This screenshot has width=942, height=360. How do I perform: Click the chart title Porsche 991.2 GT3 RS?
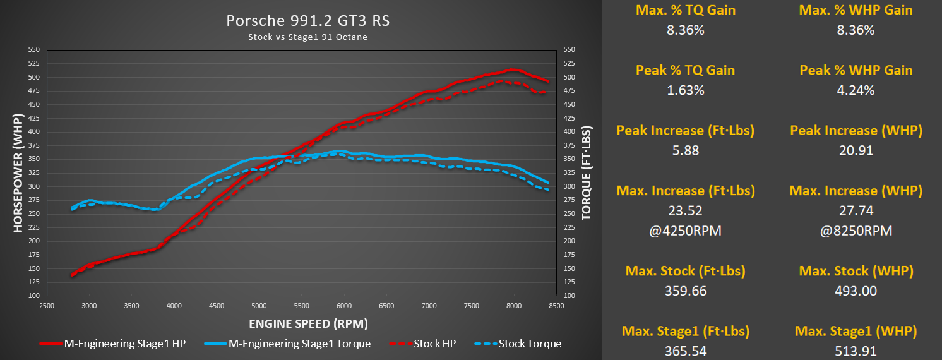[307, 21]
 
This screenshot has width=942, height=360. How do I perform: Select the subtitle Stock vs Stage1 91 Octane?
[307, 37]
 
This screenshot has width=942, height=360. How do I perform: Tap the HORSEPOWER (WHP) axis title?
[18, 173]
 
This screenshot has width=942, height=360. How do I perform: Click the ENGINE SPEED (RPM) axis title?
[308, 324]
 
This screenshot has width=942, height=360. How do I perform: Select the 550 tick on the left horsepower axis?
[33, 49]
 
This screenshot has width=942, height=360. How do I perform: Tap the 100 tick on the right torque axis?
[568, 296]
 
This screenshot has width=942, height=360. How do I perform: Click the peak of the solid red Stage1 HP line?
[513, 69]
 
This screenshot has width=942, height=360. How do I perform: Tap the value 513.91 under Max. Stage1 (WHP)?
[856, 351]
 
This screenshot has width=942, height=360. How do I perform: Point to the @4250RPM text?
[685, 231]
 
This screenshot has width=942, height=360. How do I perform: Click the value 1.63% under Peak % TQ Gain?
[685, 90]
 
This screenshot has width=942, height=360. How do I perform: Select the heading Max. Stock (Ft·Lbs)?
[685, 271]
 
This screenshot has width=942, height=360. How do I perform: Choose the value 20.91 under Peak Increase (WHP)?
[856, 151]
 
